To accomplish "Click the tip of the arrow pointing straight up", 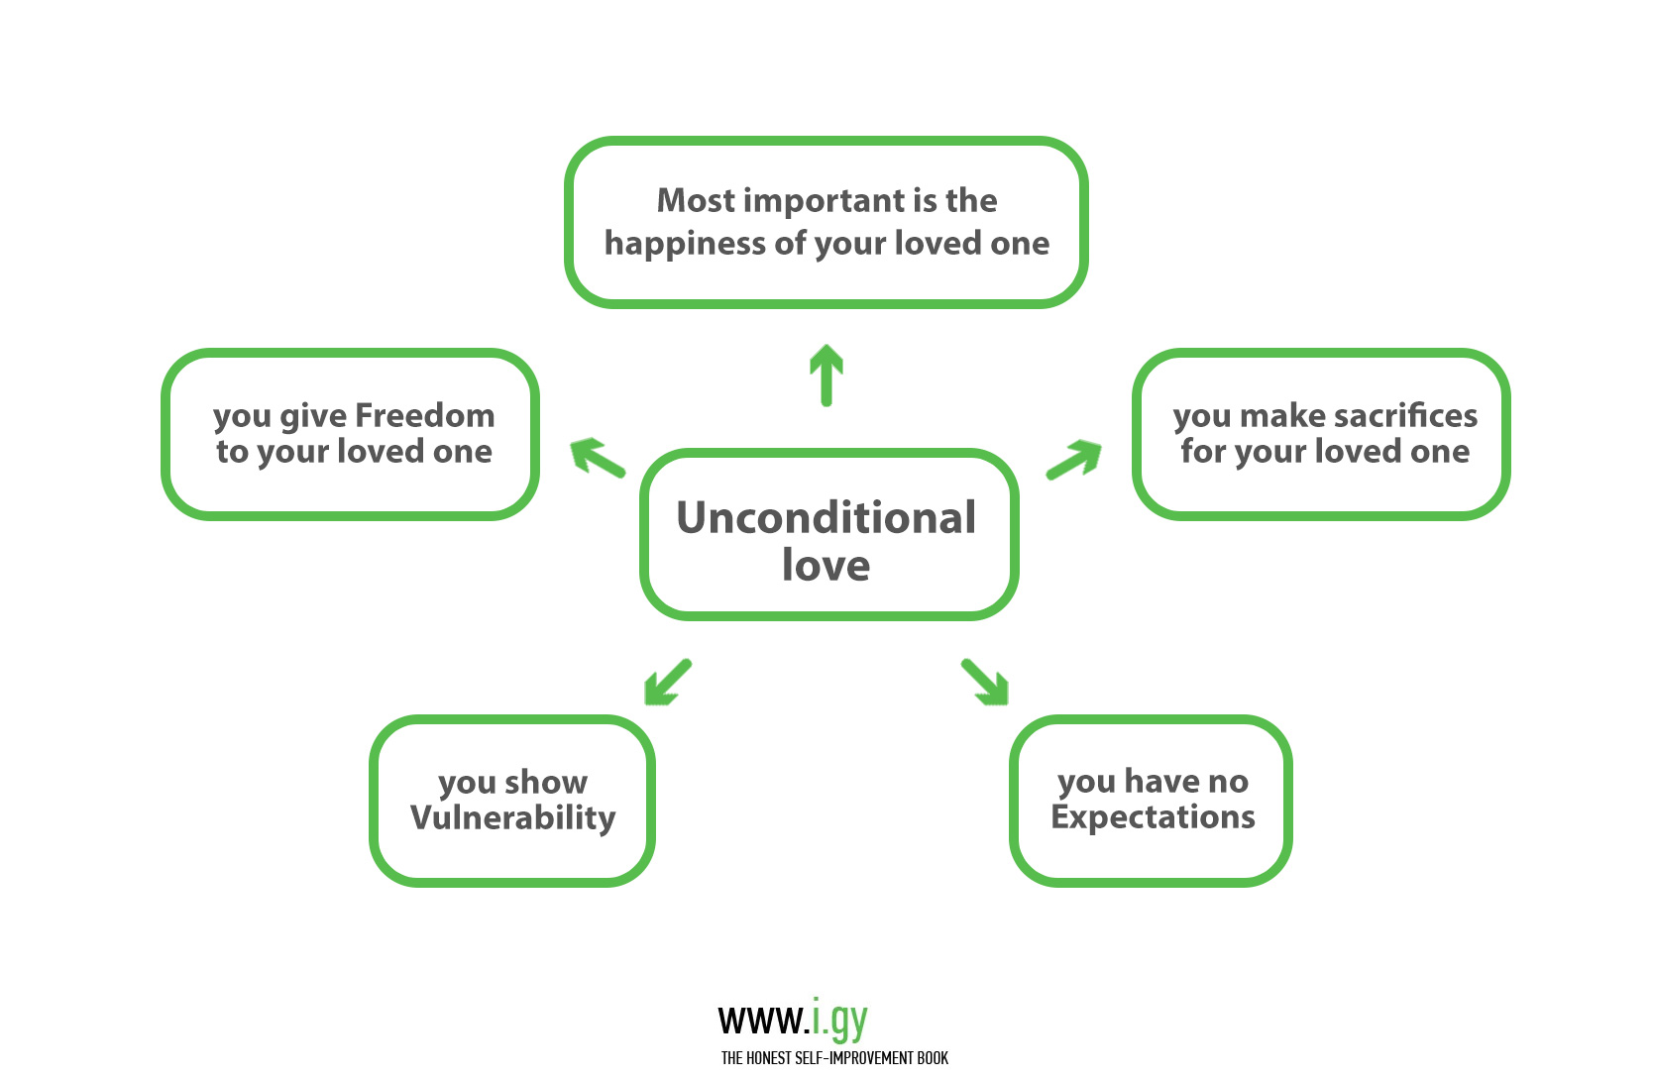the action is point(826,346).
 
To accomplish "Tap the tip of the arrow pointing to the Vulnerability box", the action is point(646,703).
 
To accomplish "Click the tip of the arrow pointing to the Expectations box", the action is point(1006,703).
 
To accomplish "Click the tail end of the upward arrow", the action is point(826,403).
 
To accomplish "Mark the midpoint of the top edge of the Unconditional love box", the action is point(828,453).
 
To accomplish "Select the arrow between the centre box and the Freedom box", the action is point(599,458).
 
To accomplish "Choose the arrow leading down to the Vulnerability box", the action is point(669,682).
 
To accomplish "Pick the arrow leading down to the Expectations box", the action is point(984,682).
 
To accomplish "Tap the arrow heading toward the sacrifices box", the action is point(1073,461).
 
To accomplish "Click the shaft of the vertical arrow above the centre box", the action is point(826,380).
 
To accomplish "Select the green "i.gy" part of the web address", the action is point(839,1020).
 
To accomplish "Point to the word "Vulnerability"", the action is point(513,818).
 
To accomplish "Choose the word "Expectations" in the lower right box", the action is point(1153,817).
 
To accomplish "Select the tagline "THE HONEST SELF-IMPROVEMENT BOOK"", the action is point(834,1058).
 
